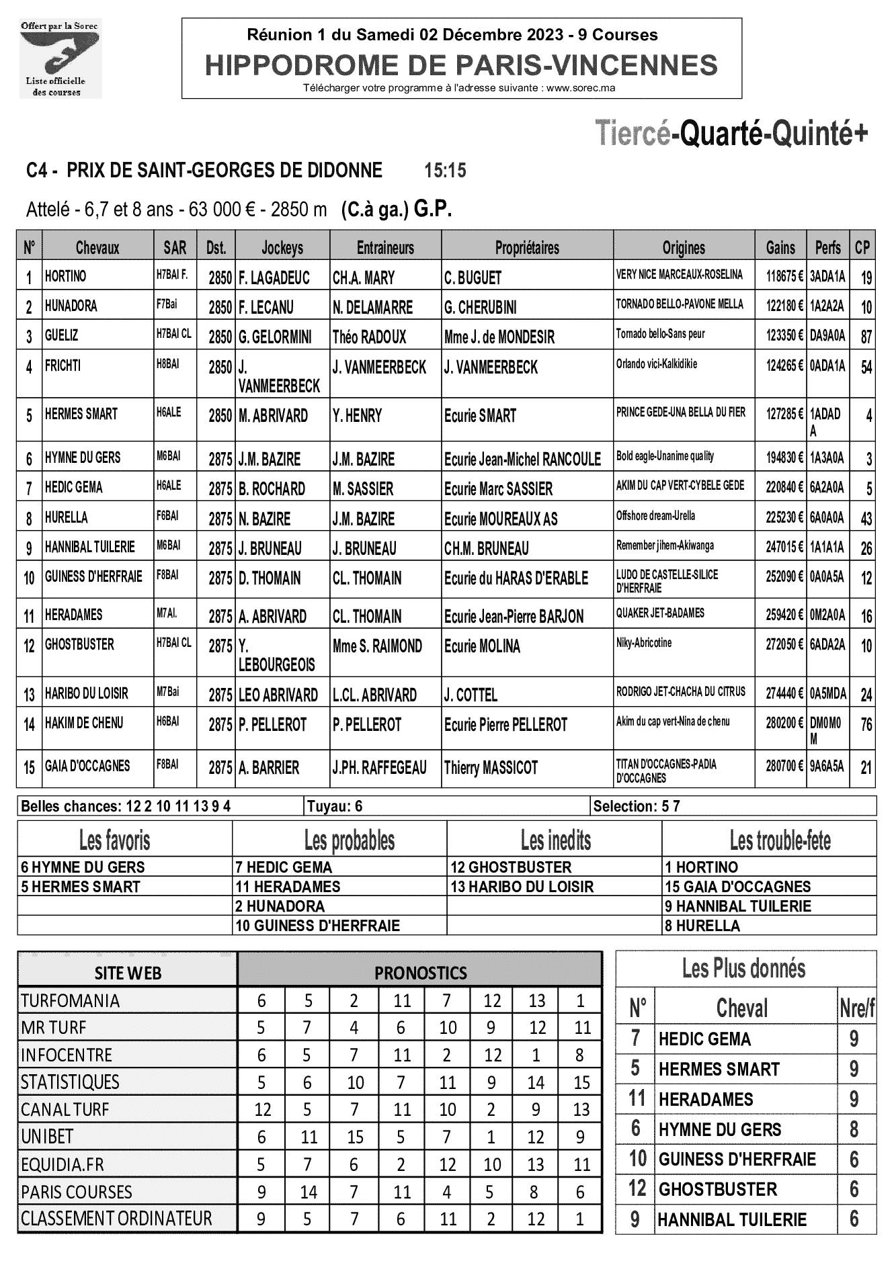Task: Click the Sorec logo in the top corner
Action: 60,58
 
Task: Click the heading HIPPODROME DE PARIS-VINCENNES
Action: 461,66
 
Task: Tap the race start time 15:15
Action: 445,171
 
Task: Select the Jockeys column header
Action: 282,248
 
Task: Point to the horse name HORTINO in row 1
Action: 66,276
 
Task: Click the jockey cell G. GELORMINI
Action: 275,337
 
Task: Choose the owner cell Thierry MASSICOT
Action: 491,767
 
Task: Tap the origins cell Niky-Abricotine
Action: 644,643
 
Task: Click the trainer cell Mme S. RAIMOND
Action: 377,646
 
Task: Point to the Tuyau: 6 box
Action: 335,806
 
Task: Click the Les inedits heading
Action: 555,840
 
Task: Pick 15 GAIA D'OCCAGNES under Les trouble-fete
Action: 737,887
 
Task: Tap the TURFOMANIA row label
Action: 71,1001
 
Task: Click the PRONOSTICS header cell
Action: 420,973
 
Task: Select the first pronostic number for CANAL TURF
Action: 262,1110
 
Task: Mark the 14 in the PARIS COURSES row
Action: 309,1192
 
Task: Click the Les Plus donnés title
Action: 743,969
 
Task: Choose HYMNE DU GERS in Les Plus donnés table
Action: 720,1130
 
